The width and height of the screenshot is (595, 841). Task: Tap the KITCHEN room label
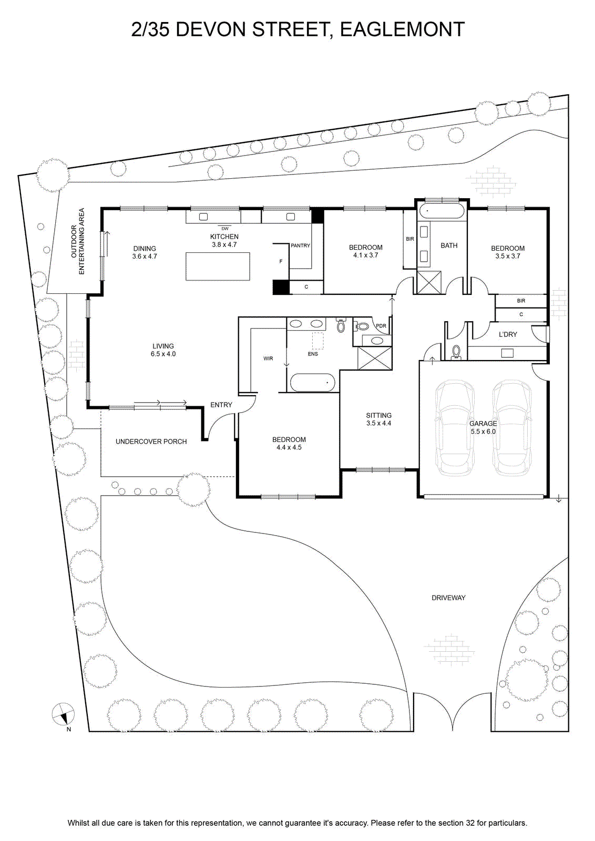point(224,237)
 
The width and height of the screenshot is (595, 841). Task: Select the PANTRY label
point(300,245)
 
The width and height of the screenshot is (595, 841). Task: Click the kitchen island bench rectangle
point(218,266)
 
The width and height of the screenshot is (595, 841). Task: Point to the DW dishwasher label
point(225,228)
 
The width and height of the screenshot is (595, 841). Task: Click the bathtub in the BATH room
point(441,211)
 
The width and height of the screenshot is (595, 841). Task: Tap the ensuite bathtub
point(313,383)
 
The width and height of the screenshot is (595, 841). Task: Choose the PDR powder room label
point(381,326)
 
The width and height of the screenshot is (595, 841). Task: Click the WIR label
point(268,358)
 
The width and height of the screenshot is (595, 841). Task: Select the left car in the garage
point(454,428)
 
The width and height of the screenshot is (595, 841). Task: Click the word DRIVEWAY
point(448,598)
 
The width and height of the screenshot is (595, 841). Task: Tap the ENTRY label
point(221,405)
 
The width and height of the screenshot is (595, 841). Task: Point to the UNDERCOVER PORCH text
point(151,442)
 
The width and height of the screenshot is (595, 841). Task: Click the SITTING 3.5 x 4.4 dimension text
point(379,423)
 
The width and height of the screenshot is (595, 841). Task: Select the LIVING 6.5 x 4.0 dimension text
point(163,354)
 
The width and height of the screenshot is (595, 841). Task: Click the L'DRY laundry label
point(508,334)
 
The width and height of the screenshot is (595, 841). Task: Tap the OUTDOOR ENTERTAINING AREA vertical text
point(78,241)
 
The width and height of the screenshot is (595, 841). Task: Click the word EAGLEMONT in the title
point(403,29)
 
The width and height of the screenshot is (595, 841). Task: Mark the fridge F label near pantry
point(281,261)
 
